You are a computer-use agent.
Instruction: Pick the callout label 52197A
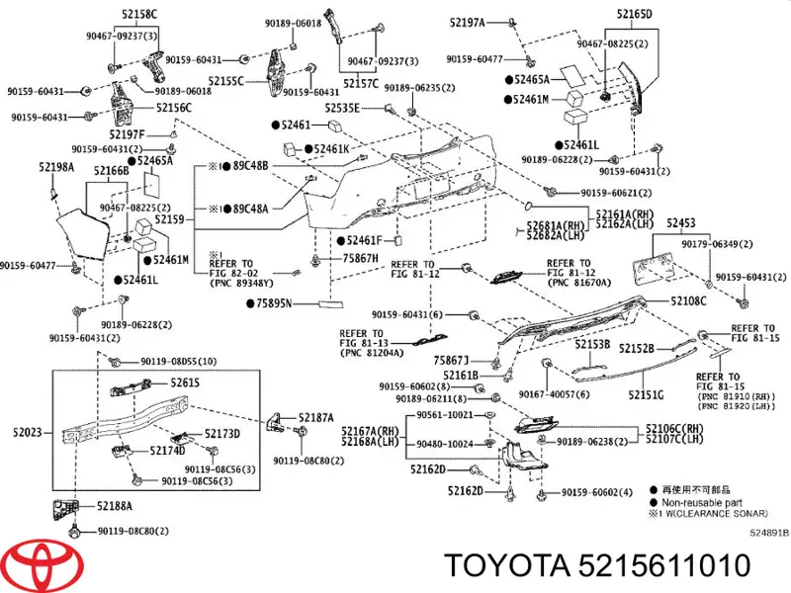[x=467, y=22]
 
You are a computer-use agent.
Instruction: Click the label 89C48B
[x=250, y=165]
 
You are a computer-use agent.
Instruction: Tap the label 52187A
[x=316, y=417]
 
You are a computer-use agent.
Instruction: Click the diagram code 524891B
[x=768, y=532]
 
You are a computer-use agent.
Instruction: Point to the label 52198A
[x=56, y=167]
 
